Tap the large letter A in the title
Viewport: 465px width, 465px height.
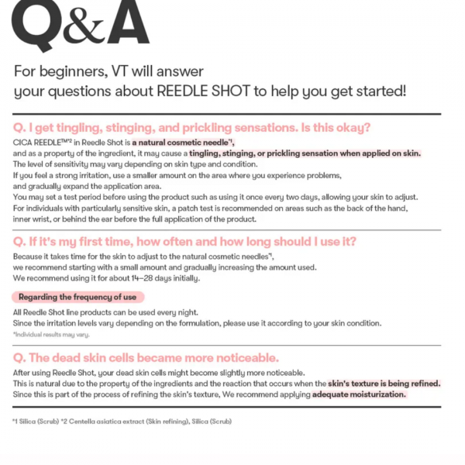pos(126,23)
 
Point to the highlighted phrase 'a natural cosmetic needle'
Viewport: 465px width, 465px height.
pos(179,143)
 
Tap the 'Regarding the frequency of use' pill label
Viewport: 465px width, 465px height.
pos(77,297)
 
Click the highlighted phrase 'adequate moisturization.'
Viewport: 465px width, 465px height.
pos(359,394)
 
